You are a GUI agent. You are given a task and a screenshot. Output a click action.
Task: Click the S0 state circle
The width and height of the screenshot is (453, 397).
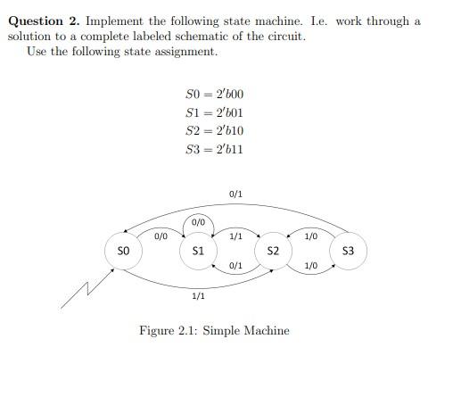(124, 252)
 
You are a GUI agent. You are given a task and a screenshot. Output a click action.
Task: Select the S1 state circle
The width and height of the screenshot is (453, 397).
(199, 252)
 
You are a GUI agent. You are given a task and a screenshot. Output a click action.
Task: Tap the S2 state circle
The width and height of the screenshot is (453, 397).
(273, 252)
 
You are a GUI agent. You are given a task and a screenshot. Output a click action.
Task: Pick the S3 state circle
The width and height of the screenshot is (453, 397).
(348, 252)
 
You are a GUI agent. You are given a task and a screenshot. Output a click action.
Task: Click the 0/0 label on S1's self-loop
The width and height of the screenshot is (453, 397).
(199, 221)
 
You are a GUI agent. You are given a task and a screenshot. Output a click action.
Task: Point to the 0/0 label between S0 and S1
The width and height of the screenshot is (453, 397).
(161, 236)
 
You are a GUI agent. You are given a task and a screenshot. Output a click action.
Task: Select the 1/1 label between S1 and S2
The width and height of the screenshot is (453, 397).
(235, 236)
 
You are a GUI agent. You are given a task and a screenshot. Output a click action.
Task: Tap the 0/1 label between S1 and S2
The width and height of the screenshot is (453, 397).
(235, 266)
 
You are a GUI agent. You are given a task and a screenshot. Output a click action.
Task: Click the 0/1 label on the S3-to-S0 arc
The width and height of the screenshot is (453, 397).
(235, 193)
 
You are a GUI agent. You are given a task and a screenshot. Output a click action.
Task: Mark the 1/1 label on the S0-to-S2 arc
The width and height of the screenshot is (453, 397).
(199, 295)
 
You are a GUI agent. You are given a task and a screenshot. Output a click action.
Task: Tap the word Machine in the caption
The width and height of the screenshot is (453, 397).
(267, 331)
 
